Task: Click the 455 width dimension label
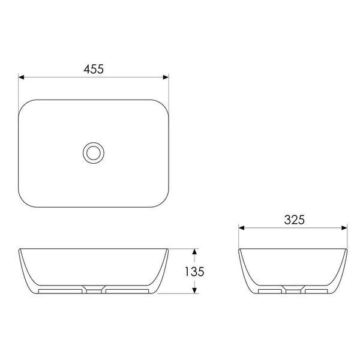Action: (x=94, y=69)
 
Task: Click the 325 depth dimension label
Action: (x=295, y=220)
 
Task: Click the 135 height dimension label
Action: (x=194, y=272)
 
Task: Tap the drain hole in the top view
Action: (x=94, y=153)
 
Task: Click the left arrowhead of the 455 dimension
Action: (x=21, y=77)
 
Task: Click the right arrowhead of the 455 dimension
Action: (x=166, y=77)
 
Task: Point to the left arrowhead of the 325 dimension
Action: (x=242, y=228)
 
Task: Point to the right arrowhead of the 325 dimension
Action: (x=344, y=228)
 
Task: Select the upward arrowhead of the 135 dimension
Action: (x=194, y=251)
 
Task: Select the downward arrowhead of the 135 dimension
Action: (x=194, y=290)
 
